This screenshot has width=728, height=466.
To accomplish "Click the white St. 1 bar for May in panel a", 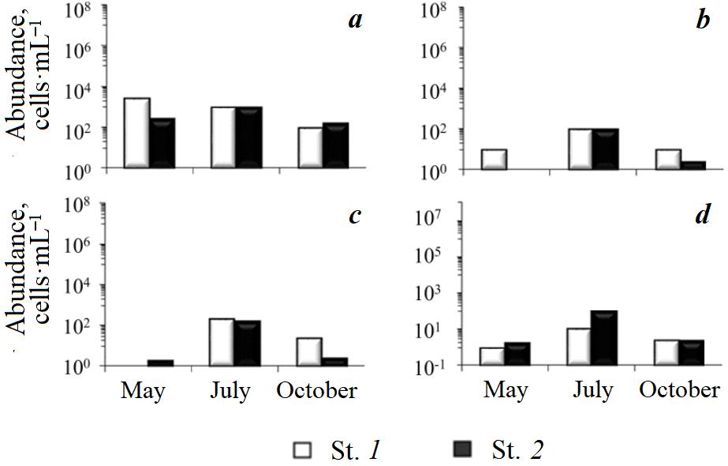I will [137, 133].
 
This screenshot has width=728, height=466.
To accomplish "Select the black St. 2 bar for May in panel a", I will [162, 143].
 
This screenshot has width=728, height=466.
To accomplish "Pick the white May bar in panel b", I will [493, 159].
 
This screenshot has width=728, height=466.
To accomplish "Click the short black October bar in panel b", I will [693, 165].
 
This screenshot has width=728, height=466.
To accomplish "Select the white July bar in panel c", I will [222, 342].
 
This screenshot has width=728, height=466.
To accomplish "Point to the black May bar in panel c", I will [161, 363].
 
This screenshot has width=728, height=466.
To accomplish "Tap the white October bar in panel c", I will [308, 351].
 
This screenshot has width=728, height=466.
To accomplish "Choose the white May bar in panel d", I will [493, 356].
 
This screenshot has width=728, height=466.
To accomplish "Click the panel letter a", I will [355, 20].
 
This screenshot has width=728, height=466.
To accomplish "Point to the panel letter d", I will [702, 214].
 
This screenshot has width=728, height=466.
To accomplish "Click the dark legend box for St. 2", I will [462, 450].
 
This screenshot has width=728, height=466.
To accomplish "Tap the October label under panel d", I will [679, 390].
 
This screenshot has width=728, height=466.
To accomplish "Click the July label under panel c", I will [230, 390].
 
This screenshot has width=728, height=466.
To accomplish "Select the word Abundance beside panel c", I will [21, 269].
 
